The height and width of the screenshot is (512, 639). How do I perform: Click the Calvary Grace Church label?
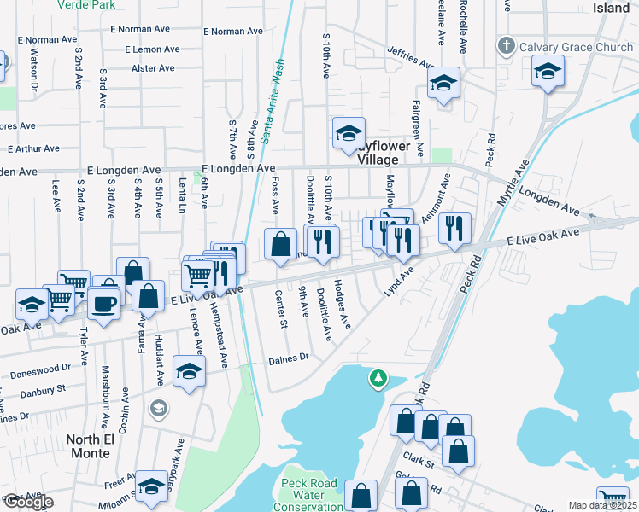point(579,46)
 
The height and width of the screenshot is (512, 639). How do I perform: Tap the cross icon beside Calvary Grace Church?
point(507,46)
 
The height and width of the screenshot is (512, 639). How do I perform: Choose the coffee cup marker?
point(104,303)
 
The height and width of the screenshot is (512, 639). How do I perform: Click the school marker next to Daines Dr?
point(189,371)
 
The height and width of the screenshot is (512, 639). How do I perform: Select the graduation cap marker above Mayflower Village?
point(349,134)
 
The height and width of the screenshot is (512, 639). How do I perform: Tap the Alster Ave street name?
point(153,68)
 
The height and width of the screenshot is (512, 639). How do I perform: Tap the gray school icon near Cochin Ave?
point(157,410)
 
